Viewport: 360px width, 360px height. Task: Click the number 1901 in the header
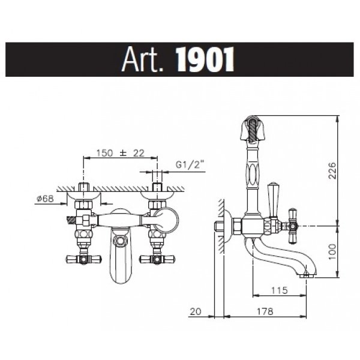(x=205, y=59)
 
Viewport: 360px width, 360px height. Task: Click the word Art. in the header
(x=142, y=59)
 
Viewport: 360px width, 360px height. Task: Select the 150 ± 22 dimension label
(x=121, y=153)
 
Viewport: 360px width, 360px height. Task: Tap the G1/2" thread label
(x=190, y=164)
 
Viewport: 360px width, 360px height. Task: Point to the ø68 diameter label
(x=45, y=199)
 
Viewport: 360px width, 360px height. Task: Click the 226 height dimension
(x=332, y=170)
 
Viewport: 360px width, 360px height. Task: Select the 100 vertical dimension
(x=332, y=251)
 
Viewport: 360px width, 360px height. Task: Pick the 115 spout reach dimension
(x=280, y=290)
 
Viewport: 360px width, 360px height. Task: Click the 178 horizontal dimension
(x=265, y=311)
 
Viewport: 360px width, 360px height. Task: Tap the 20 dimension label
(x=196, y=311)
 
